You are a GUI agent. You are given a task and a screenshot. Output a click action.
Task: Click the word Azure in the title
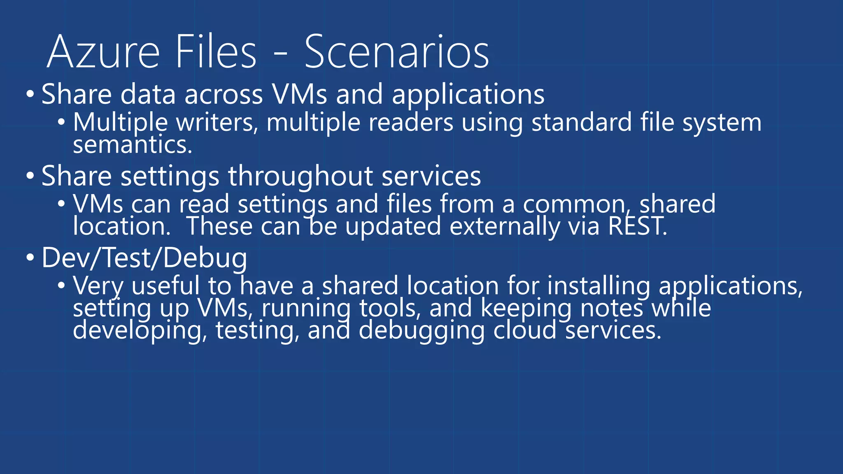[x=103, y=52]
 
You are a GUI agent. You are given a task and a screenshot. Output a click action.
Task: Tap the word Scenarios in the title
[x=396, y=52]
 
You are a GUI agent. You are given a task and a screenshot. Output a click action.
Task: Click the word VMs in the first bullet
[x=299, y=94]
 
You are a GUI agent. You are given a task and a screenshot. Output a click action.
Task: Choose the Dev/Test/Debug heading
[x=144, y=258]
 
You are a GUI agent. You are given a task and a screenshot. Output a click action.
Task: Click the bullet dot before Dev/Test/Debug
[x=30, y=258]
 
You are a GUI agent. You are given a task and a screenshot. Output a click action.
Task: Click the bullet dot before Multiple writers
[x=61, y=122]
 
